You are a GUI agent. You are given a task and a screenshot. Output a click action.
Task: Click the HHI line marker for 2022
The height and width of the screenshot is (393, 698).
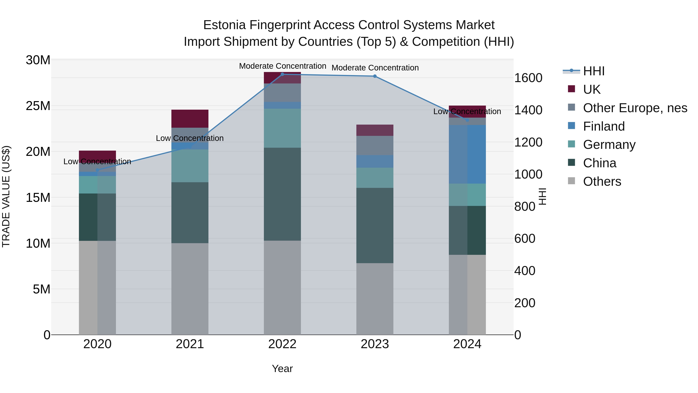coord(282,74)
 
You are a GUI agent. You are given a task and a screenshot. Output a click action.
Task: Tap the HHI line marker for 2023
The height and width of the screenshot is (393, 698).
coord(375,76)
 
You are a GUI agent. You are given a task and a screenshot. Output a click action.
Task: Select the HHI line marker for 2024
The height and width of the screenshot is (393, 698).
coord(467,120)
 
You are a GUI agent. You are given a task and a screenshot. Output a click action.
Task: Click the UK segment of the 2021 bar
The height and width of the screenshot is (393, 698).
coord(190,119)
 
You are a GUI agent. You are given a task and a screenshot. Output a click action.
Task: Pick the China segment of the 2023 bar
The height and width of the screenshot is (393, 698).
coord(375,225)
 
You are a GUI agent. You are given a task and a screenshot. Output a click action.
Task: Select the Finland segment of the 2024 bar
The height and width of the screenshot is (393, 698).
coord(467,154)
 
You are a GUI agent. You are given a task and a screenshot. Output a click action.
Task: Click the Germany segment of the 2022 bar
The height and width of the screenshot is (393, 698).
coord(282,128)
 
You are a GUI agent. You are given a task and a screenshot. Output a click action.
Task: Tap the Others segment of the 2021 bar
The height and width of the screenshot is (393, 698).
coord(190,289)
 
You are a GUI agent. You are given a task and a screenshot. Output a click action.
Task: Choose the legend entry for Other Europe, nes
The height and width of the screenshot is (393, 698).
coord(635,108)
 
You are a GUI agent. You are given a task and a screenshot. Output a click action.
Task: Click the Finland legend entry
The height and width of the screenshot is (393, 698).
coord(604,126)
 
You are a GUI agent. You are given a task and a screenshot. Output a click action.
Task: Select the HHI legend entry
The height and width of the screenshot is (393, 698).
coord(593,71)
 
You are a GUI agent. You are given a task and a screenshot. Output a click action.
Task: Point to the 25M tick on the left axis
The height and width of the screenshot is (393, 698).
coord(38,106)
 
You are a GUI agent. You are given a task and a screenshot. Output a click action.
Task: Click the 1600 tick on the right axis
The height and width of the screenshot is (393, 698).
coord(528,78)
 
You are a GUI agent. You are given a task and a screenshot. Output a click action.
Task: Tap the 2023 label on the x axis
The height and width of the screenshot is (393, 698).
coord(375,344)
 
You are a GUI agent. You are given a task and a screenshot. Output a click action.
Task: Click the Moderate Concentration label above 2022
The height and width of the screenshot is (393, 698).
coord(282,66)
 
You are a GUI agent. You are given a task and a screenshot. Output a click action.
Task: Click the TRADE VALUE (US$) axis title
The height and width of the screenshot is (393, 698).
coord(6,196)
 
